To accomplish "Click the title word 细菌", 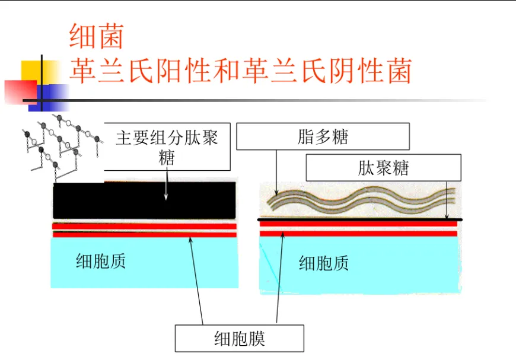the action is coord(96,36).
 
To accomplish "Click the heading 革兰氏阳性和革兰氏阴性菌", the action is coord(241,71).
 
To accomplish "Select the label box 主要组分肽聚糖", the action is coord(167,146).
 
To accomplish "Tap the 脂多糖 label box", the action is coord(323,136).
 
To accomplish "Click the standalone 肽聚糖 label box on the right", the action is coord(383,168).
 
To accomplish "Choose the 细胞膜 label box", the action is coord(239,338).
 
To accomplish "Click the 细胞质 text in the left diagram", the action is coord(101,262).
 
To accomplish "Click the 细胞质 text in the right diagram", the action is coord(323,263).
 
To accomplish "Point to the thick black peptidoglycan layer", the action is coord(145,200).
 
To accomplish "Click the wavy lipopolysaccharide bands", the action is coord(361,200).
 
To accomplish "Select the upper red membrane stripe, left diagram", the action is coord(145,227).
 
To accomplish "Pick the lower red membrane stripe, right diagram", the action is coord(358,234).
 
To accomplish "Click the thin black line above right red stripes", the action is coord(359,219).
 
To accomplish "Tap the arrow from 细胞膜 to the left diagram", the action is coord(196,281).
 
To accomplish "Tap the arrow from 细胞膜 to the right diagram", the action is coord(279,278).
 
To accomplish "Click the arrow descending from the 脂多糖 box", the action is coord(276,173).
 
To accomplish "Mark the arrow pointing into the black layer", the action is coord(166,184).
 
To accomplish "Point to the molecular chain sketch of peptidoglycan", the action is coord(62,147).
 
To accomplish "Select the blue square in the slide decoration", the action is coord(49,98).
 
